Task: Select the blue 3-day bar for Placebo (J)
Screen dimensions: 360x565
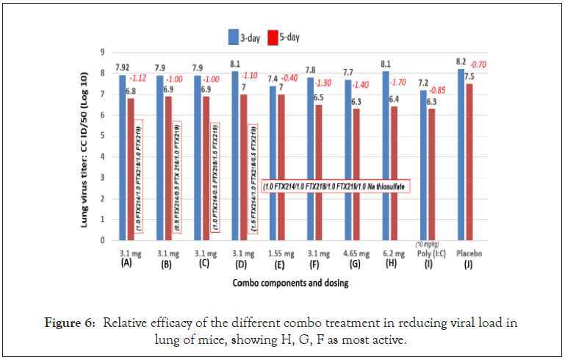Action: tap(461, 154)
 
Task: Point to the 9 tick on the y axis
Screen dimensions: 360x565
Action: tap(102, 52)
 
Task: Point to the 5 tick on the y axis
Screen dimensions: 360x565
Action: tap(102, 136)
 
